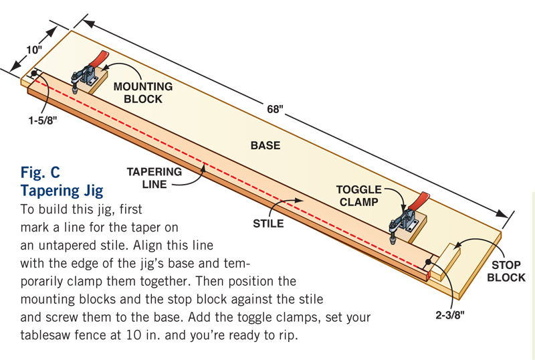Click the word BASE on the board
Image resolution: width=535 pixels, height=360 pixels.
[265, 145]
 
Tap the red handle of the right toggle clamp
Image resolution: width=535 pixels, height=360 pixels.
[420, 199]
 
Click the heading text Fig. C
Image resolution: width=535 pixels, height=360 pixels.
[45, 173]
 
